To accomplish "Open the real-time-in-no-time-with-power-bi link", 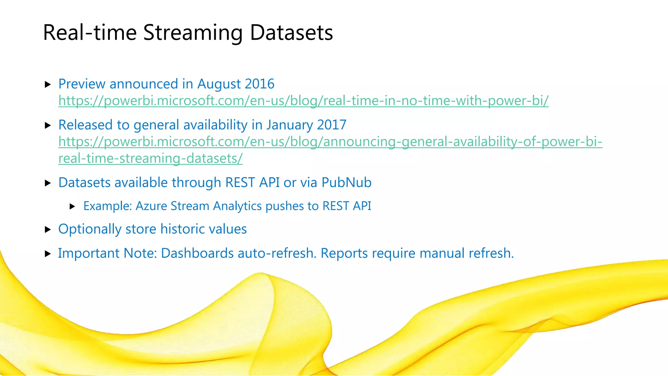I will click(x=303, y=101).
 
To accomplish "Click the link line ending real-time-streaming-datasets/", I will click(x=150, y=158).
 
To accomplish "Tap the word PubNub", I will click(x=346, y=182).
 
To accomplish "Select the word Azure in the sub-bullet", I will click(x=151, y=206).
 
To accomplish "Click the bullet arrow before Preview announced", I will click(x=48, y=85).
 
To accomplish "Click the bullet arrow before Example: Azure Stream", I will click(x=73, y=206).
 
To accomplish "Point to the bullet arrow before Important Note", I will click(x=48, y=254).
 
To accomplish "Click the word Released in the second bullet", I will click(x=85, y=125).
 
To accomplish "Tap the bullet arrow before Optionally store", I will click(x=48, y=229).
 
